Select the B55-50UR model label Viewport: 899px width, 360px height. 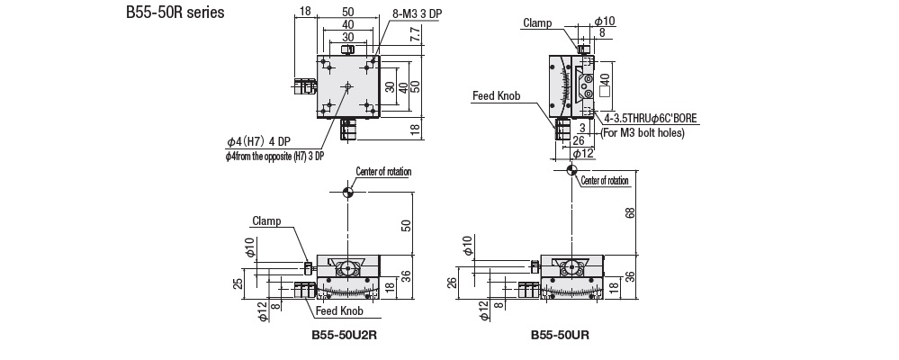pyautogui.click(x=559, y=336)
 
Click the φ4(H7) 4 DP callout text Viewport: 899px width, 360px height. pyautogui.click(x=258, y=141)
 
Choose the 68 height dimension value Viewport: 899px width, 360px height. pyautogui.click(x=629, y=212)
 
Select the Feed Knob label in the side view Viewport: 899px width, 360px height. pyautogui.click(x=495, y=94)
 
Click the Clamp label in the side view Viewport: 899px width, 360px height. pyautogui.click(x=536, y=23)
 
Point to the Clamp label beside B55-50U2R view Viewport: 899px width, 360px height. pyautogui.click(x=266, y=220)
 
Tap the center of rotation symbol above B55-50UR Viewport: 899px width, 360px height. pyautogui.click(x=571, y=169)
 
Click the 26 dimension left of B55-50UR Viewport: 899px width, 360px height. pyautogui.click(x=452, y=283)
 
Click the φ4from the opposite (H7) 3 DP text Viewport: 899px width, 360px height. pyautogui.click(x=274, y=156)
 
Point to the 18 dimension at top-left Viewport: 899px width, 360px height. pyautogui.click(x=305, y=11)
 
